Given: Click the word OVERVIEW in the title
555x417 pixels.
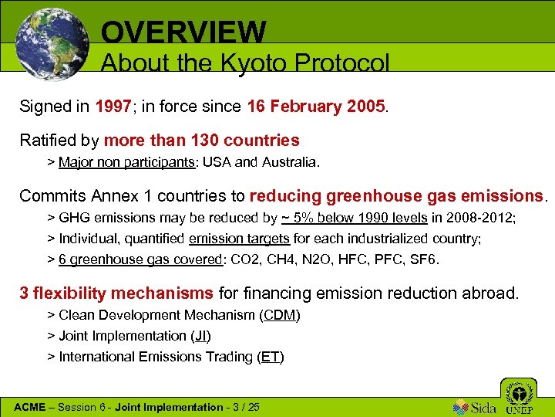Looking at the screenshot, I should click(183, 32).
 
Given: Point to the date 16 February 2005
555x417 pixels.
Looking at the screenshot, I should click(316, 107).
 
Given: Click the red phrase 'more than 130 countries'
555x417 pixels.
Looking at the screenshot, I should click(201, 141).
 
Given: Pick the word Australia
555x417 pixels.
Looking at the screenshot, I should click(288, 162).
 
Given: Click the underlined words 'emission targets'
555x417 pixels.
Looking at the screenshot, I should click(239, 239).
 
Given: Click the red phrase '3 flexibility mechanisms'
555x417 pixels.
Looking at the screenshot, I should click(116, 293).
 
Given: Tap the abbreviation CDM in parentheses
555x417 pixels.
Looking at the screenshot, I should click(279, 315).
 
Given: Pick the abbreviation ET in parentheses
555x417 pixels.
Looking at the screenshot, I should click(271, 357).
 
